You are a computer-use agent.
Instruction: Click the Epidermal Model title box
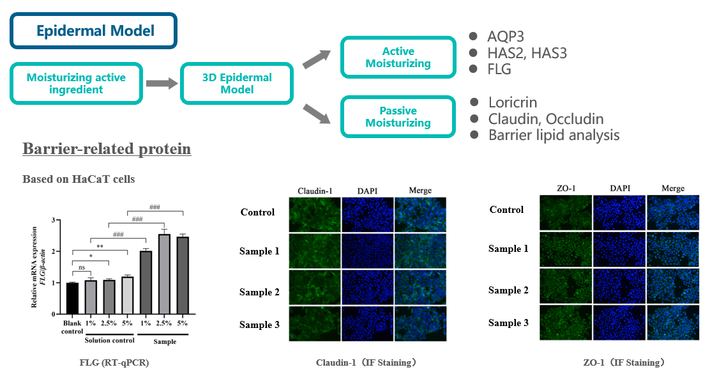click(94, 31)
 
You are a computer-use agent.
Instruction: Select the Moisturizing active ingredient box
click(76, 83)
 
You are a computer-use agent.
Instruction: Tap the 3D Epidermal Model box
click(237, 83)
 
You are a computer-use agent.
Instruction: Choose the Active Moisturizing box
click(398, 58)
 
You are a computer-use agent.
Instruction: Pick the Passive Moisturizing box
click(398, 116)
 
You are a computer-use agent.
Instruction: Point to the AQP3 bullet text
click(506, 36)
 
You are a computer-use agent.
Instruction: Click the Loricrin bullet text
click(512, 102)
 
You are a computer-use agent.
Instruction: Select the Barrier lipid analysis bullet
click(554, 135)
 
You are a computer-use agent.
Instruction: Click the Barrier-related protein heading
click(107, 149)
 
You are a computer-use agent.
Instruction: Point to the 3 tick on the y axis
click(54, 220)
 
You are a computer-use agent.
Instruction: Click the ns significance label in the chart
click(80, 268)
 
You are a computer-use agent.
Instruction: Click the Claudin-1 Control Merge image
click(420, 214)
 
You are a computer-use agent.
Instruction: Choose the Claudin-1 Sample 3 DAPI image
click(367, 324)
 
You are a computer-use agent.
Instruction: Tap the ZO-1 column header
click(566, 188)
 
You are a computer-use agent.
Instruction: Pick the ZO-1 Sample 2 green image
click(565, 286)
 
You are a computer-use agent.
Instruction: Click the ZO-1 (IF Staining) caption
click(623, 362)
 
